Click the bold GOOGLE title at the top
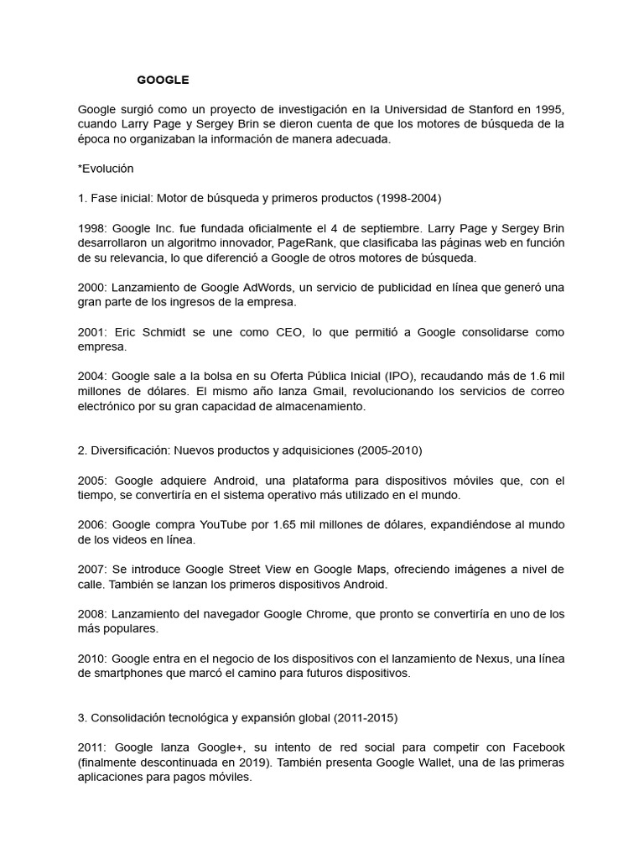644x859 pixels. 163,80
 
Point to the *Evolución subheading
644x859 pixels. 106,168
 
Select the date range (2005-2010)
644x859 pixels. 390,450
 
